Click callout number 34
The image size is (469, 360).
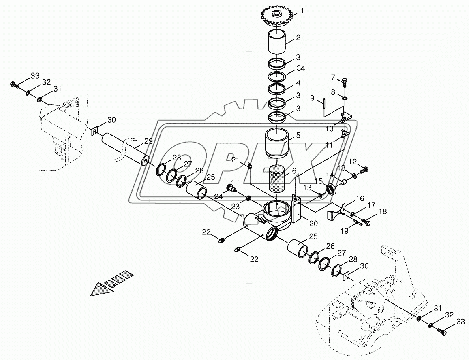[300, 68]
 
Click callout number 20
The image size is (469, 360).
[314, 223]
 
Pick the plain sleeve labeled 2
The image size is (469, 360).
[277, 41]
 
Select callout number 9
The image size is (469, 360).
[312, 98]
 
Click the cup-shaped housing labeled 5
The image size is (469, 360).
[277, 143]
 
